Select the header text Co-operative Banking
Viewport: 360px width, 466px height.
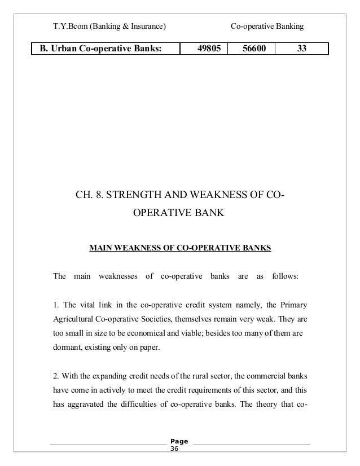(x=268, y=26)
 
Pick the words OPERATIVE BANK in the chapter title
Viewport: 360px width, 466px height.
(x=178, y=214)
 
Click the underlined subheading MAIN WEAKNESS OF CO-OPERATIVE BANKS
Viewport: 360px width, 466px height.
(x=180, y=247)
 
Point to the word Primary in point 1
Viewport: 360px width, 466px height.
(x=294, y=306)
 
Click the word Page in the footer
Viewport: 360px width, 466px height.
(x=179, y=441)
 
